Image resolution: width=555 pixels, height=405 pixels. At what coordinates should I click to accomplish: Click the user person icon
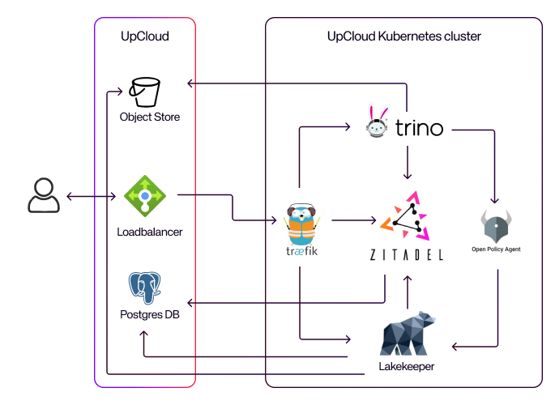click(x=42, y=197)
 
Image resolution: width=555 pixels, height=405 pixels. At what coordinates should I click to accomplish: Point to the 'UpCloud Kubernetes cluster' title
click(x=403, y=36)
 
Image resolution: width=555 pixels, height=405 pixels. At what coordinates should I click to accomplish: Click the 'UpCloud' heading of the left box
click(x=144, y=36)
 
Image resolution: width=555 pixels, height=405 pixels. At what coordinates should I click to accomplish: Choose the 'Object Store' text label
click(x=150, y=117)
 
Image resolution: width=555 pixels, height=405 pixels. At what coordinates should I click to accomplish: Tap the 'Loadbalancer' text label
click(x=150, y=232)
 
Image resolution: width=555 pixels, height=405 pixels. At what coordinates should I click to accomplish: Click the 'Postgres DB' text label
click(x=149, y=314)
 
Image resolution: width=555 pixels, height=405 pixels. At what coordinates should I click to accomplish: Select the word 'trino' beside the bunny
click(x=419, y=127)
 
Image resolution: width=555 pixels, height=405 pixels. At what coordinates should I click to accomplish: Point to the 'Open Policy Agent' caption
click(x=496, y=249)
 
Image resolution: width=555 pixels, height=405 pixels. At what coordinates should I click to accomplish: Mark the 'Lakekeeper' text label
click(x=407, y=367)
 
